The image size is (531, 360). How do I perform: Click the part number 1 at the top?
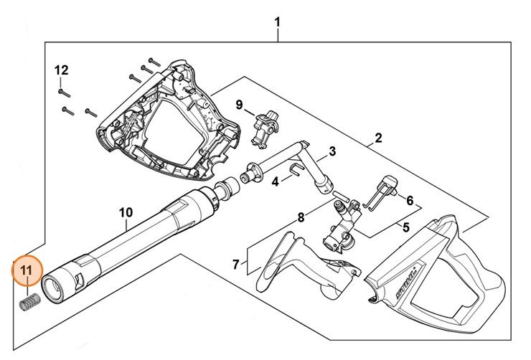coord(278,23)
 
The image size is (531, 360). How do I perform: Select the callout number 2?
coord(378,138)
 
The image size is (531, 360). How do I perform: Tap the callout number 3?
coord(332,151)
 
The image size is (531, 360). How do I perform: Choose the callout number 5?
coord(405,229)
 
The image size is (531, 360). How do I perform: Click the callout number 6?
coord(410,201)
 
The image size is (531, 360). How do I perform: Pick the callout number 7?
coord(235,265)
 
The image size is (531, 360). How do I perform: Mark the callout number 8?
coord(301,217)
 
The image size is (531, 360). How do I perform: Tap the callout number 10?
coord(126,212)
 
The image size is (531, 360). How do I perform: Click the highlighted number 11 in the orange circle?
coord(27,270)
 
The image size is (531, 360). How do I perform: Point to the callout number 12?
coord(61,70)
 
